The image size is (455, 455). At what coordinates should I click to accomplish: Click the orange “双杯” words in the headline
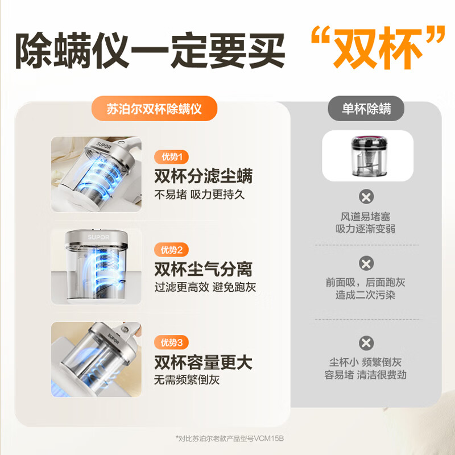click(378, 48)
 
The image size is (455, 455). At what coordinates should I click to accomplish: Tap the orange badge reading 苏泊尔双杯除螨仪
click(154, 109)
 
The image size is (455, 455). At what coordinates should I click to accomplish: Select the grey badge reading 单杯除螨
click(366, 109)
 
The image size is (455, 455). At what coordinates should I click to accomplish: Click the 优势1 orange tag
click(172, 157)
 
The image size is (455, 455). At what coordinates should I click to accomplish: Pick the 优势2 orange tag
click(172, 250)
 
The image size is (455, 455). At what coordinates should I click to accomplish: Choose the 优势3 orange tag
click(172, 343)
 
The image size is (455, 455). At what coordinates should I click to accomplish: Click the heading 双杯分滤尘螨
click(204, 176)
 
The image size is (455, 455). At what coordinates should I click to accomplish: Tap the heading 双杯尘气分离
click(204, 269)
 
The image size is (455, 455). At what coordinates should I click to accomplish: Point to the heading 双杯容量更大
click(204, 362)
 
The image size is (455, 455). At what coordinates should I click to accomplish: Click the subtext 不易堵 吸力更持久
click(200, 195)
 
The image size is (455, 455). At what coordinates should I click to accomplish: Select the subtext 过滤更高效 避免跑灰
click(205, 287)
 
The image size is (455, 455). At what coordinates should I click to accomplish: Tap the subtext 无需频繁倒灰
click(187, 380)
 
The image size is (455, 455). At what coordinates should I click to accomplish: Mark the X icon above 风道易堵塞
click(366, 197)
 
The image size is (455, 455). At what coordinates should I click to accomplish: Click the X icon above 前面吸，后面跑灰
click(366, 263)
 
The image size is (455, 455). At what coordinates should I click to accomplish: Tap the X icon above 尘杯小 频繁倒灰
click(366, 343)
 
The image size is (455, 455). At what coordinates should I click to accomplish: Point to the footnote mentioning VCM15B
click(230, 438)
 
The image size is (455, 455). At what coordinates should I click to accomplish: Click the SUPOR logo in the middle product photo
click(98, 237)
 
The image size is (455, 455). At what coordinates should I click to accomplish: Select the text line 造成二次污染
click(366, 295)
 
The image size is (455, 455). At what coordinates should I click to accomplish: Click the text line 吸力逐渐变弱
click(366, 229)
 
